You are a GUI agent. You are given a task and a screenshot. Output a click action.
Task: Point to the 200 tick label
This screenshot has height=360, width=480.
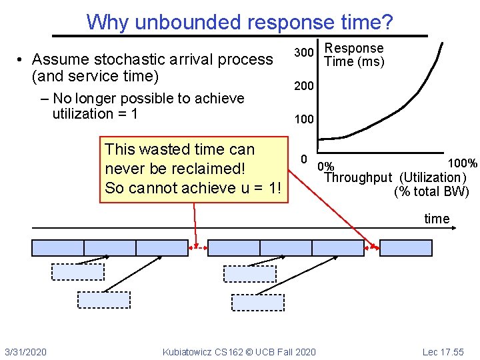(x=304, y=87)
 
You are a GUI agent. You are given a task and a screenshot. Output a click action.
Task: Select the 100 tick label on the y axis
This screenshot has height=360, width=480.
(x=304, y=120)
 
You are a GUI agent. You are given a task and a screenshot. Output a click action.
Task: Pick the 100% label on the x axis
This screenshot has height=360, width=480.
(x=462, y=163)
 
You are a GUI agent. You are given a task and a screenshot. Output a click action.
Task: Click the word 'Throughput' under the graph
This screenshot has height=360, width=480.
(x=358, y=177)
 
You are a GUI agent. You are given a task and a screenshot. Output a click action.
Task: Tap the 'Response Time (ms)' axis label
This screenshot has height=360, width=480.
(x=353, y=55)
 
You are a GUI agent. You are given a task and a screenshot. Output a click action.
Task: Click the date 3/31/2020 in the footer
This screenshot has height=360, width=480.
(x=25, y=351)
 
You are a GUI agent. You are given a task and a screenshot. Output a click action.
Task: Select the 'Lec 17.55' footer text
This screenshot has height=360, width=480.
(x=443, y=351)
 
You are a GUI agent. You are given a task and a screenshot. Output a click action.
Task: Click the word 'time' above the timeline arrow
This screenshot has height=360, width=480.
(x=437, y=219)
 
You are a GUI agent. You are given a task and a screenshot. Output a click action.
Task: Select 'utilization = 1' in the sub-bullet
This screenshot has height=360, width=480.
(x=95, y=113)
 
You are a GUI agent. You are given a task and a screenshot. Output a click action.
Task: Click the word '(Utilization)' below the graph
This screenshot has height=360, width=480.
(x=432, y=177)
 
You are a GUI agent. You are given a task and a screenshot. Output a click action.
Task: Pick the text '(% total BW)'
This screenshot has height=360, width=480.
(x=431, y=192)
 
